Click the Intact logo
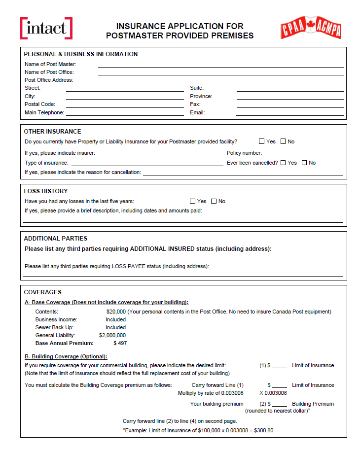point(46,28)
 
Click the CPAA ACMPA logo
point(311,28)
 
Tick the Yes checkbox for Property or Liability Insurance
point(262,141)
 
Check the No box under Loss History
point(214,201)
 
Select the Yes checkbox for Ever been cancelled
point(283,163)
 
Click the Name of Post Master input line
point(220,65)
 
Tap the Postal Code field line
point(125,105)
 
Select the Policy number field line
point(311,154)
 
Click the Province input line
point(289,98)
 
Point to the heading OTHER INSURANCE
point(53,132)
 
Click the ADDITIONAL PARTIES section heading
point(56,239)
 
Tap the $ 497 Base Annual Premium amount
point(120,343)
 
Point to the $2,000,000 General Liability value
point(112,335)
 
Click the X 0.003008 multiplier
point(273,393)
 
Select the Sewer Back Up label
point(54,327)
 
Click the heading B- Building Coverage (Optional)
point(66,356)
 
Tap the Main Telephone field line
point(125,114)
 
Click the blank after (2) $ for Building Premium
point(280,405)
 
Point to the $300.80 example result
point(264,430)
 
